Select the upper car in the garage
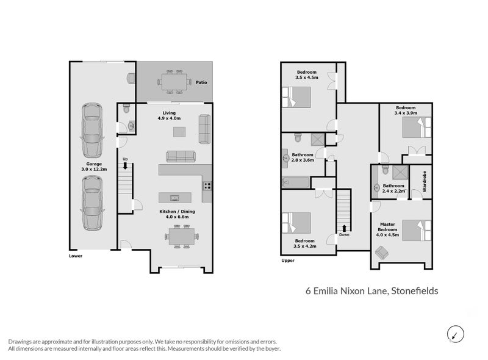coord(91,130)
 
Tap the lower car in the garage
coord(91,203)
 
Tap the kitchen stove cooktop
coord(207,186)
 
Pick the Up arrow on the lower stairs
coord(126,163)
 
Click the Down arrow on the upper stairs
coord(343,231)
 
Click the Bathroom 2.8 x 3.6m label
coord(303,157)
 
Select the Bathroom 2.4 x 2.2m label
coord(394,188)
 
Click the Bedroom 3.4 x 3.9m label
coord(406,110)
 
